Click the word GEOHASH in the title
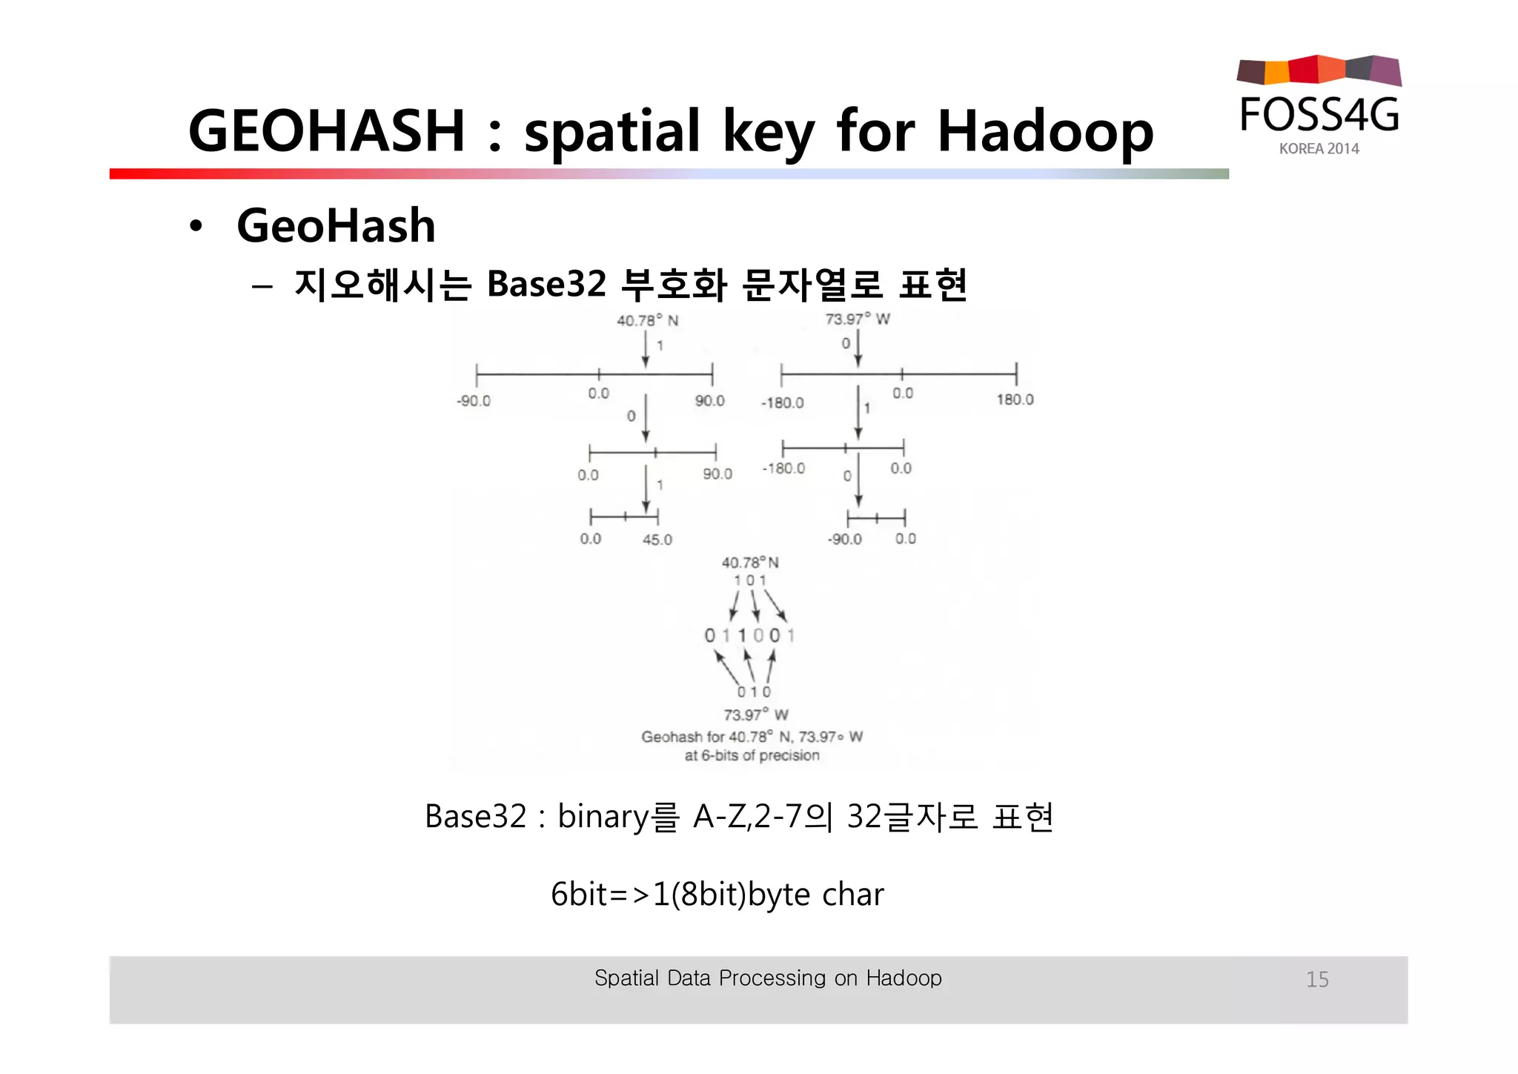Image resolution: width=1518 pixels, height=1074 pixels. click(x=326, y=131)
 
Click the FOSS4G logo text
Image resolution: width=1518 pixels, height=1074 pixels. click(x=1319, y=116)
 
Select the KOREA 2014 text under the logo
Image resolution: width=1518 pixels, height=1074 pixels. click(x=1319, y=149)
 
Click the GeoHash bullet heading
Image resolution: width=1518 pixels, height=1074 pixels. click(x=336, y=225)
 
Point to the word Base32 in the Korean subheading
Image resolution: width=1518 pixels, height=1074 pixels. click(x=546, y=285)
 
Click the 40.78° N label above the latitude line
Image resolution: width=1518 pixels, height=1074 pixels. click(x=647, y=320)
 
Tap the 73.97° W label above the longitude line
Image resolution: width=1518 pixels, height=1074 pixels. click(x=858, y=319)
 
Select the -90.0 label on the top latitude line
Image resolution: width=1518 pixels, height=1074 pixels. click(x=474, y=401)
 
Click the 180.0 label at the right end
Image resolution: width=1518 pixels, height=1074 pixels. click(x=1015, y=400)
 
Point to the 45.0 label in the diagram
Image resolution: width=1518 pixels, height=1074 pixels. click(x=657, y=540)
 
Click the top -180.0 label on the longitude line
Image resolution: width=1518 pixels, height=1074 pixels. click(x=782, y=402)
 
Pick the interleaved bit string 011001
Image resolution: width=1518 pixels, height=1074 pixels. click(x=749, y=635)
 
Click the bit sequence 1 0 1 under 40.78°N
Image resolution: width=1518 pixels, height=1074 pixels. click(x=749, y=580)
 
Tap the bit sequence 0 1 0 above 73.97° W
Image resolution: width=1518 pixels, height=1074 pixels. click(x=754, y=692)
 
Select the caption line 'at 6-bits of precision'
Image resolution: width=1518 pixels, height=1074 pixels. click(x=752, y=755)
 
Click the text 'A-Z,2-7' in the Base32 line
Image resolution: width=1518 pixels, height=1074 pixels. click(x=748, y=817)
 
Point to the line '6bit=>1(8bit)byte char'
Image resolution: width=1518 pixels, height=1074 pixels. click(x=717, y=895)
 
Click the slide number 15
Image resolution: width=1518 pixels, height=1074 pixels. click(x=1317, y=979)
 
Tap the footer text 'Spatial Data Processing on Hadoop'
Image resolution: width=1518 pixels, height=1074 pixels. click(x=768, y=978)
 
